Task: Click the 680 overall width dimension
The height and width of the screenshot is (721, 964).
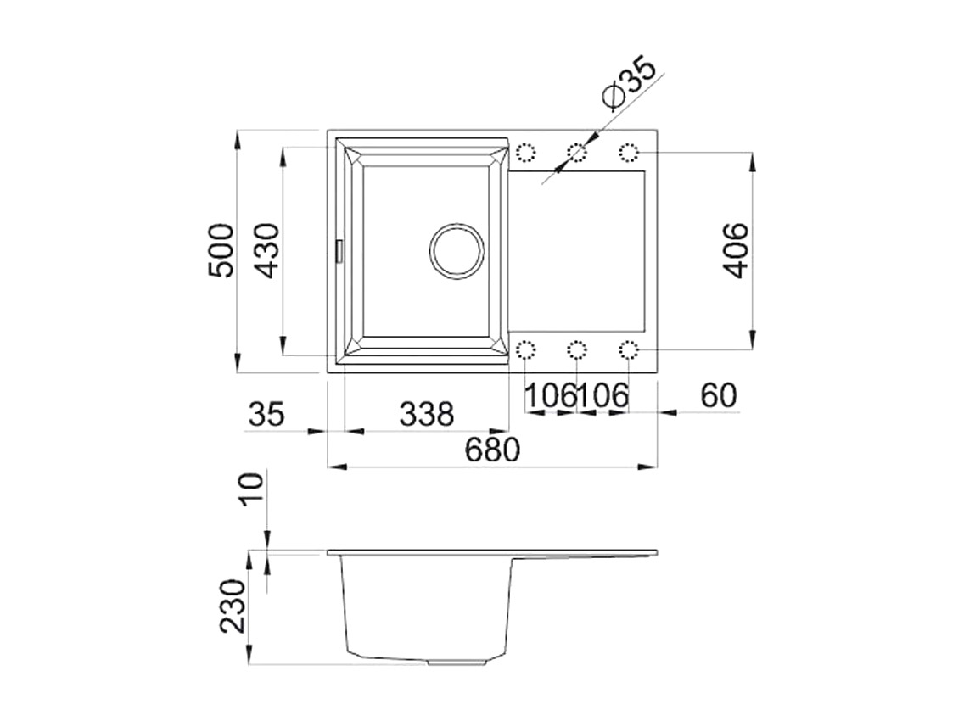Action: (492, 450)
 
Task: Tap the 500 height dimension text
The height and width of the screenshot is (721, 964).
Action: (221, 251)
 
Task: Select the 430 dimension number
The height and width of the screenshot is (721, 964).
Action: (266, 251)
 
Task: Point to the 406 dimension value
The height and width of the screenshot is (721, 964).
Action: (736, 251)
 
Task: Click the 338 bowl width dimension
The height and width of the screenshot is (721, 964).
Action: (427, 414)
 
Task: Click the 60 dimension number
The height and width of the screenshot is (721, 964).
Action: (718, 396)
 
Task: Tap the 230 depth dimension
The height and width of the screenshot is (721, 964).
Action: (233, 606)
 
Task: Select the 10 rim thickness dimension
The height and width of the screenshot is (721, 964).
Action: (252, 489)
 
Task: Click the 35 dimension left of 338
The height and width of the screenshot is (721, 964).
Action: (266, 414)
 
